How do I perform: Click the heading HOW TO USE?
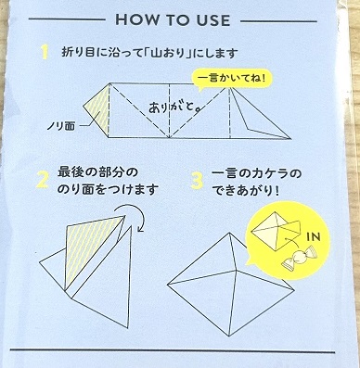(173, 20)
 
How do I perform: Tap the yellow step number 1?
(45, 53)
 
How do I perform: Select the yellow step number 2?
(43, 181)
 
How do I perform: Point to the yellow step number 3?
(197, 181)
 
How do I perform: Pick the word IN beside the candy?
(313, 237)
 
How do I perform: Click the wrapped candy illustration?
(298, 258)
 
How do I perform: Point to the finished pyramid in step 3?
(230, 285)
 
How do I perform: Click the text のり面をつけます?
(108, 189)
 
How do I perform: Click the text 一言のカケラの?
(256, 173)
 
